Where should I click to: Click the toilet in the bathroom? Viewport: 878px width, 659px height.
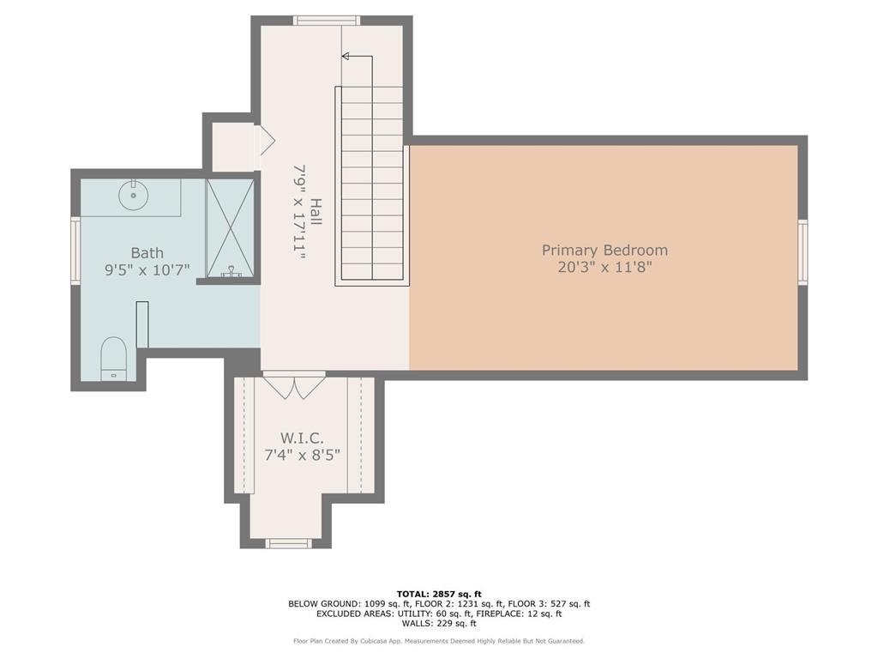[113, 358]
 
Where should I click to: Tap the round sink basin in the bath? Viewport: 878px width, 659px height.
[135, 195]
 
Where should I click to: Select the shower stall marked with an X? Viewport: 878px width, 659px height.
[230, 228]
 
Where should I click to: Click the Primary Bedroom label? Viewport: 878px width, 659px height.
[604, 250]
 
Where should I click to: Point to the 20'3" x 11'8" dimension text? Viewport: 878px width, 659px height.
[604, 267]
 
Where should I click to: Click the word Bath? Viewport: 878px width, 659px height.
[147, 252]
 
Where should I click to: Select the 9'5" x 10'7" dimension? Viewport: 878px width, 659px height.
[147, 269]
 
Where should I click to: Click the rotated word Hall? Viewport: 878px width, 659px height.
[316, 212]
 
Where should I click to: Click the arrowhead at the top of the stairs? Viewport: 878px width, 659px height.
[346, 57]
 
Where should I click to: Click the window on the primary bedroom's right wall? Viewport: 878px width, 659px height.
[803, 251]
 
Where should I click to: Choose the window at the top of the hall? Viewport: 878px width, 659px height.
[326, 21]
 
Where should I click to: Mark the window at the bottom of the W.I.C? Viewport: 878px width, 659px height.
[288, 542]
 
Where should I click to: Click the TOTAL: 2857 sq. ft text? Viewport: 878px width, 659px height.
[439, 594]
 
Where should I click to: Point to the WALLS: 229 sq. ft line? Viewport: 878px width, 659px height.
[439, 624]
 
